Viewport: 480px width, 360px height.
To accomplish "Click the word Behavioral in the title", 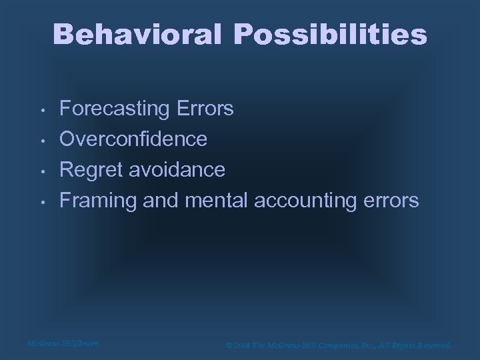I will pyautogui.click(x=137, y=35).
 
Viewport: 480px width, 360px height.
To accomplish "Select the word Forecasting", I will pyautogui.click(x=114, y=109).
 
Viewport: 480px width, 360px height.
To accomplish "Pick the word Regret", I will pyautogui.click(x=90, y=170).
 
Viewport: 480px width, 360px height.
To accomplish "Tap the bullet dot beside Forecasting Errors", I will pyautogui.click(x=41, y=110).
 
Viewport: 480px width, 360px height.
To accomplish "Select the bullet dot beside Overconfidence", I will pyautogui.click(x=41, y=141).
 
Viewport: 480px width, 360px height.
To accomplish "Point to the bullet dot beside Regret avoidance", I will pyautogui.click(x=41, y=171).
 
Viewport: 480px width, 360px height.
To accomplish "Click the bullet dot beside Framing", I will pyautogui.click(x=41, y=202).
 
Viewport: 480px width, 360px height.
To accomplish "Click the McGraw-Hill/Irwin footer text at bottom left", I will pyautogui.click(x=63, y=343).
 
